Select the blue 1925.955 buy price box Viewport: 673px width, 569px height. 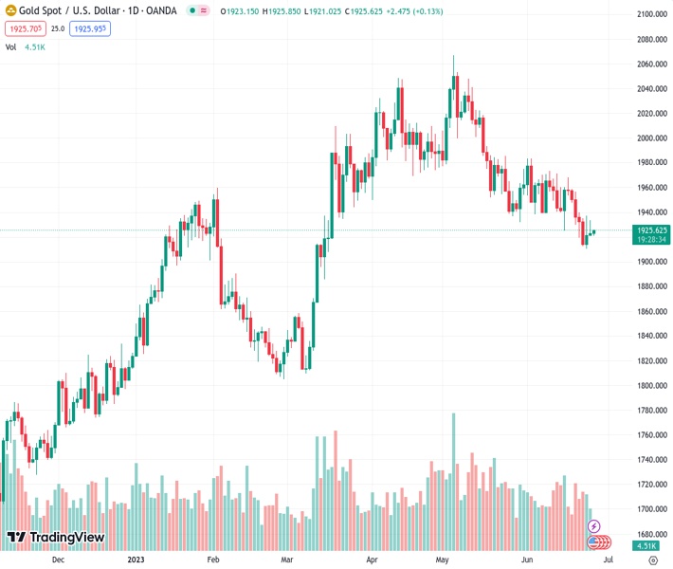[x=90, y=28]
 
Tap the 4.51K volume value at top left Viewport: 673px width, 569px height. [x=34, y=46]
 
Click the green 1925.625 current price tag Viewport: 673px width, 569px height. [x=652, y=230]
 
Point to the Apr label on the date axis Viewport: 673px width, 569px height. [x=372, y=559]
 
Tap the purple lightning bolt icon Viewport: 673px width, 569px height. [x=594, y=525]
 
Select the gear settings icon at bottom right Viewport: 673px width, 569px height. [x=653, y=560]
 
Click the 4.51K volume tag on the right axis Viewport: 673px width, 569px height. [x=647, y=545]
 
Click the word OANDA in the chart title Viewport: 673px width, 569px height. [x=159, y=10]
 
